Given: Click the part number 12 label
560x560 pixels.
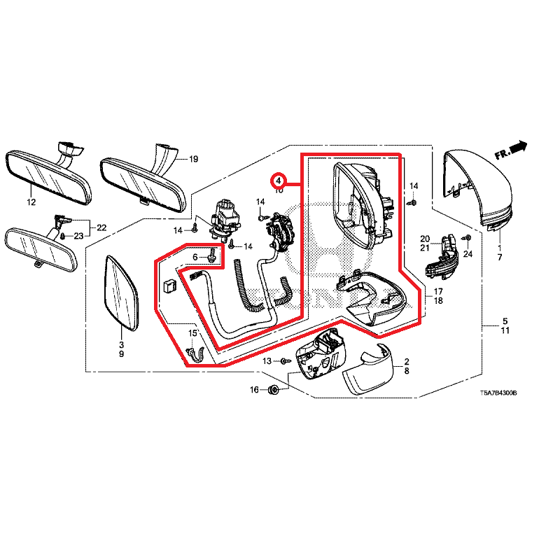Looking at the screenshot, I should click(31, 202).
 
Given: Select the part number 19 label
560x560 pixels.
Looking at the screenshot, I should click(194, 160).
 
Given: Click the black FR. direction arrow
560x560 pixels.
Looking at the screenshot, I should click(518, 147).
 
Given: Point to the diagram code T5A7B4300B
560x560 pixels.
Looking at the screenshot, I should click(498, 393).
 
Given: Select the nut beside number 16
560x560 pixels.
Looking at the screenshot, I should click(274, 389).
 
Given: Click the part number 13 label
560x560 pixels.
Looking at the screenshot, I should click(267, 361).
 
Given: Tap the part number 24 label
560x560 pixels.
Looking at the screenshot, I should click(468, 254).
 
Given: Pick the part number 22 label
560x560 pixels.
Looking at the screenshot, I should click(101, 227).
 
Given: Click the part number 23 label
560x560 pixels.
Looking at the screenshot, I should click(78, 236).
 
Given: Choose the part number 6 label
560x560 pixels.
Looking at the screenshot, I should click(196, 258).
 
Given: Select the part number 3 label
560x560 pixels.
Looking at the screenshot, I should click(120, 345).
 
